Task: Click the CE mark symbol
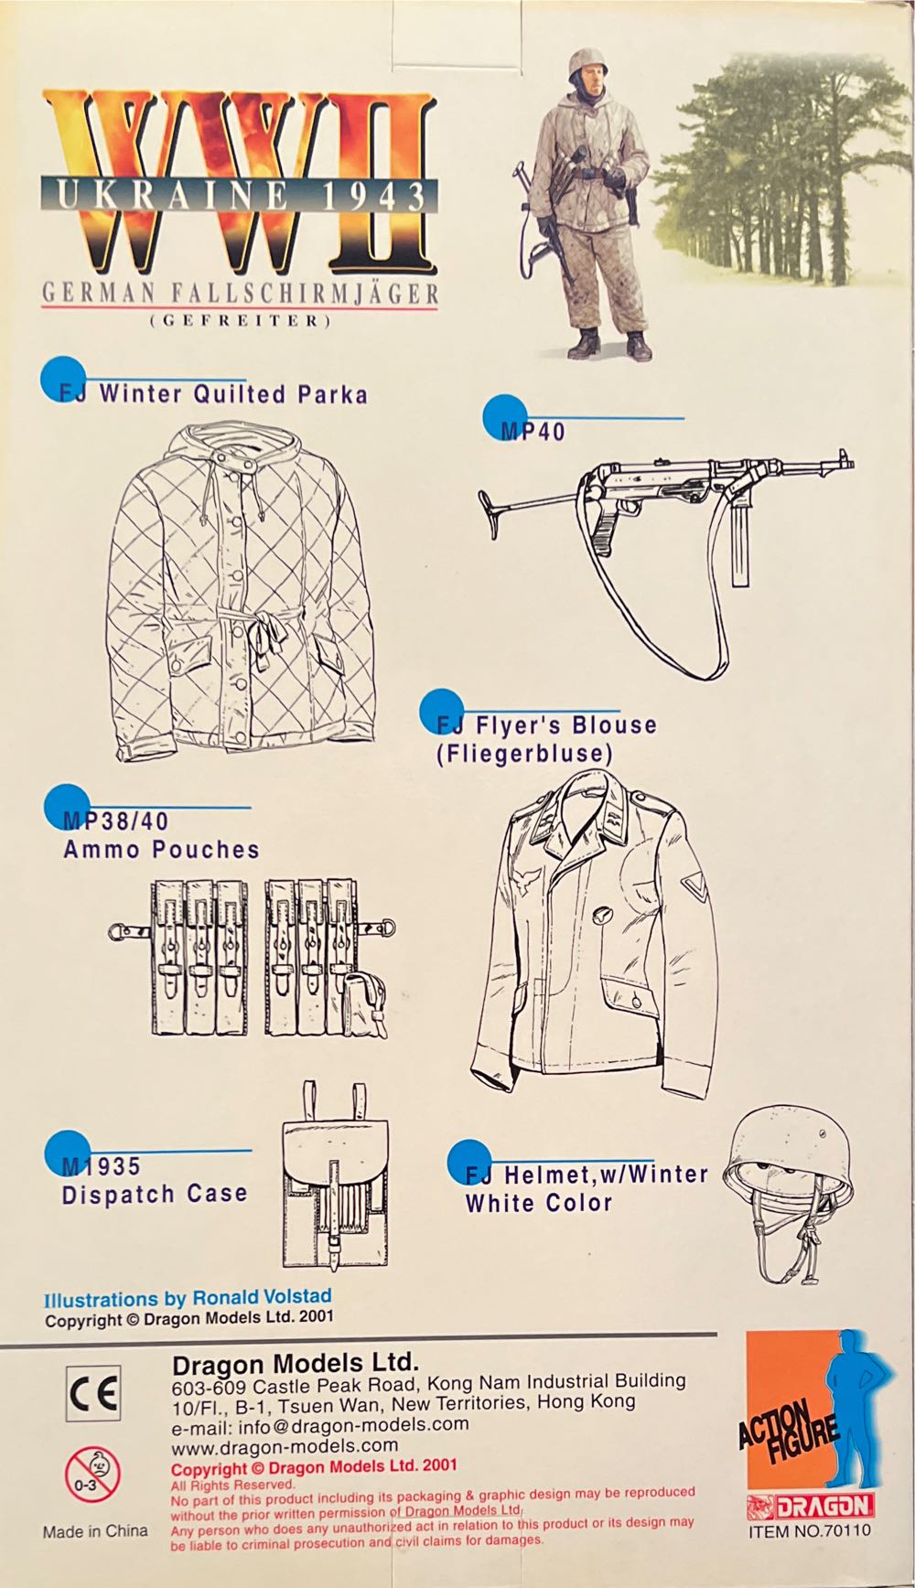(93, 1393)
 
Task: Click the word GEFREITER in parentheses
(240, 321)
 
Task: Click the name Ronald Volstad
(262, 1296)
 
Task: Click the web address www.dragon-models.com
(285, 1445)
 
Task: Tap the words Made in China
(94, 1531)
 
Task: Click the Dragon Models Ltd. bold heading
(296, 1363)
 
